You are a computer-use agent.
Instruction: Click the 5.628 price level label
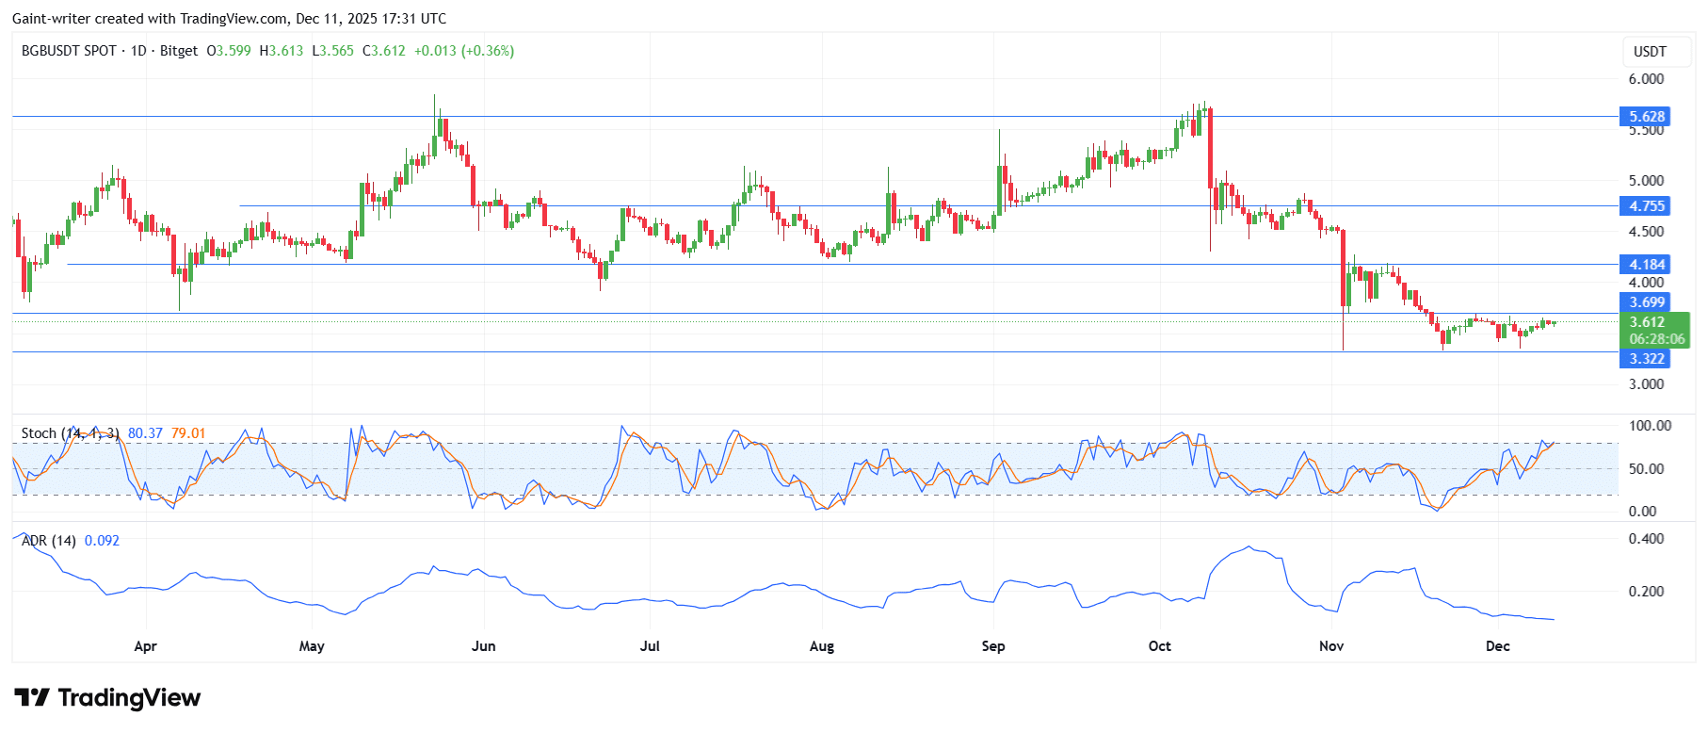tap(1647, 117)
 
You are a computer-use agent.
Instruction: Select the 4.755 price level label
tap(1647, 206)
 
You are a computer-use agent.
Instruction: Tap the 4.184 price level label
tap(1647, 265)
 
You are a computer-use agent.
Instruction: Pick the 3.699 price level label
tap(1647, 302)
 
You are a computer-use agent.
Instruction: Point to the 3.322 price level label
tap(1647, 359)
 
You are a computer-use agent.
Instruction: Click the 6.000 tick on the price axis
tap(1646, 79)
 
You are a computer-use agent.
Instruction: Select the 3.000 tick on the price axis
tap(1646, 384)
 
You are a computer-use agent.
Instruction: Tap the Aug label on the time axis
tap(822, 646)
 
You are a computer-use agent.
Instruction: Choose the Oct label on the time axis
tap(1160, 646)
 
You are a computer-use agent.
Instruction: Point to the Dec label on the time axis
tap(1497, 646)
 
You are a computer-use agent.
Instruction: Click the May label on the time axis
tap(312, 646)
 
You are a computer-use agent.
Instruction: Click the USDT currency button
tap(1650, 52)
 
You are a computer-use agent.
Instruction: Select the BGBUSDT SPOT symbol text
tap(69, 51)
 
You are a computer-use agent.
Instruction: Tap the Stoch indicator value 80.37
tap(145, 433)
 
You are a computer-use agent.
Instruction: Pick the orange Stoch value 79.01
tap(188, 433)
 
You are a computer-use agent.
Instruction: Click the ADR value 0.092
tap(102, 541)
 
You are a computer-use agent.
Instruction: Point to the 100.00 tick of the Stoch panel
tap(1650, 426)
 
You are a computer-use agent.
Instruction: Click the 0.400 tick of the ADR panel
tap(1646, 539)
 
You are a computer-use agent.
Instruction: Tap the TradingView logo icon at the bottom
tap(32, 698)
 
